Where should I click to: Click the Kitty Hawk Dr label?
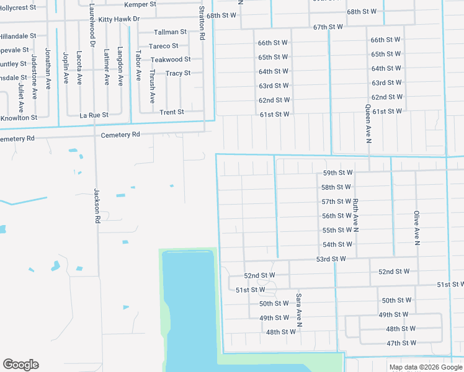point(119,19)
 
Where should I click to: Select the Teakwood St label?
point(171,60)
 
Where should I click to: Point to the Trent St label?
point(172,112)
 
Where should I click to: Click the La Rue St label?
point(94,115)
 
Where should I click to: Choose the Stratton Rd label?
point(202,23)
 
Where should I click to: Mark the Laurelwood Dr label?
point(92,25)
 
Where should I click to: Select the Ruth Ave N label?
point(355,216)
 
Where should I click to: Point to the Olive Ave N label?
point(417,228)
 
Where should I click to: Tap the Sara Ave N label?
point(299,310)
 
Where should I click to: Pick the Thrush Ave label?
point(152,86)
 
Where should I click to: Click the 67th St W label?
point(328,27)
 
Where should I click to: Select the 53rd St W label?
point(331,259)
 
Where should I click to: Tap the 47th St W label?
point(401,343)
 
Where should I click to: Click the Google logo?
point(20,365)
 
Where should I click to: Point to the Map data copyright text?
point(426,367)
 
